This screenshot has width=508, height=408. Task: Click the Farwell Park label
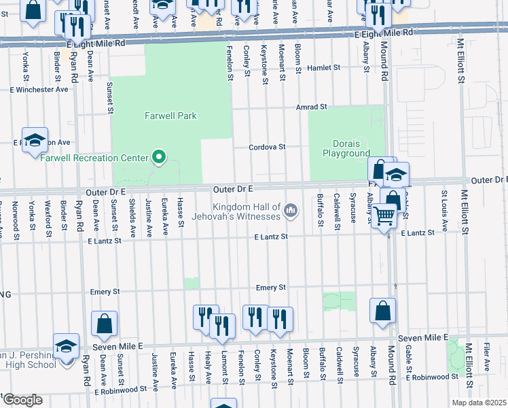tap(170, 116)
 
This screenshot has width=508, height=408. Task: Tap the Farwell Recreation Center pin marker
tap(160, 158)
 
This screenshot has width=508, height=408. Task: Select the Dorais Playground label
tap(350, 148)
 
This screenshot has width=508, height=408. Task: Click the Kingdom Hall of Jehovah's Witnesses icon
tap(291, 211)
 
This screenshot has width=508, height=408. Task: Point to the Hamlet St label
tap(322, 68)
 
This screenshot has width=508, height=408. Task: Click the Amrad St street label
tap(311, 107)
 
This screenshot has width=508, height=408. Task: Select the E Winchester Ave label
tap(39, 89)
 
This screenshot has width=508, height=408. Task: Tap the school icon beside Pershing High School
tap(67, 347)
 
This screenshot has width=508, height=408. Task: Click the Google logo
tap(22, 399)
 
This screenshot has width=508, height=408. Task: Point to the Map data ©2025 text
tap(479, 403)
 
